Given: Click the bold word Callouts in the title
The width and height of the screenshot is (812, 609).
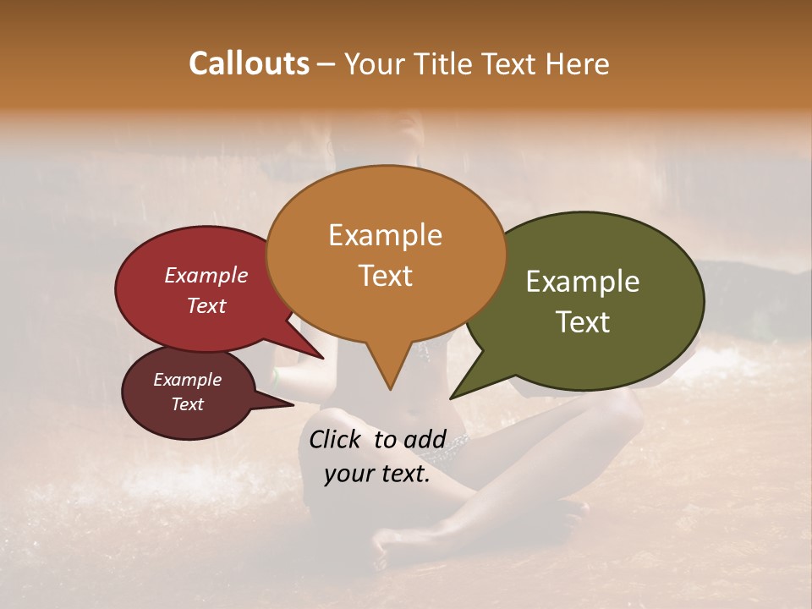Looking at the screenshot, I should [249, 63].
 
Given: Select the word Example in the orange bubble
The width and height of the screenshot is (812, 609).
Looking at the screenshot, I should [385, 235].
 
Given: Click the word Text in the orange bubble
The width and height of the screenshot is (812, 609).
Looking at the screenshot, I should [385, 276].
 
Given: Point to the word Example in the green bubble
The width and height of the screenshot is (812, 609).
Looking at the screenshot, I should [583, 282].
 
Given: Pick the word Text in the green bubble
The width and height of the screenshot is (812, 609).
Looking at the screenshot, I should [583, 322].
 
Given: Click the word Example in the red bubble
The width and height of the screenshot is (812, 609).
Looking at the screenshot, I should [206, 276].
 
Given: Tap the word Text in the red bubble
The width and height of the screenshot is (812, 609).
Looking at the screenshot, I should [206, 305].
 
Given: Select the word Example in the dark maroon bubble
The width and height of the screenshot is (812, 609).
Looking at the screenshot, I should [187, 380].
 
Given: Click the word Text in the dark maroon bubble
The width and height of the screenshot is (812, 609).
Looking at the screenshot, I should [187, 404].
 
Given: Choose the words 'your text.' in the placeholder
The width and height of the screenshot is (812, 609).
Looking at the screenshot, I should [377, 474].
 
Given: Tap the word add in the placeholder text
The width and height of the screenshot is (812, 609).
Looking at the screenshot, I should [425, 439].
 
